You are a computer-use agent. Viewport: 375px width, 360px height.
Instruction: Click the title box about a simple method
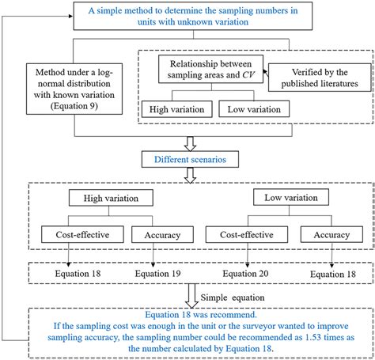point(193,16)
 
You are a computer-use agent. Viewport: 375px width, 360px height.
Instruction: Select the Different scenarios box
point(190,159)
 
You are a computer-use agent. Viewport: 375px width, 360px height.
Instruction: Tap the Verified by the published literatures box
point(320,78)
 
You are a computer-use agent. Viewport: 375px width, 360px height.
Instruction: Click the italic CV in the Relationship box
point(248,75)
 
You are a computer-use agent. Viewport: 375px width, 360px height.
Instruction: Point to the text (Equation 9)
point(74,106)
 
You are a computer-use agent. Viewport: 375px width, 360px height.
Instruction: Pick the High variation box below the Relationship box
point(177,109)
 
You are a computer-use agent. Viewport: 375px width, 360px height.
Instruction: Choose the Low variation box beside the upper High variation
point(254,109)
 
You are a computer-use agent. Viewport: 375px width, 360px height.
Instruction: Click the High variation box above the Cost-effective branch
point(111,198)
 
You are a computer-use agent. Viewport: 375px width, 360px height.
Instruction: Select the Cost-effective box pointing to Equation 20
point(247,234)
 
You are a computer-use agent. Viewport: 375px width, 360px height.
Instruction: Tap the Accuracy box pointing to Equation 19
point(162,234)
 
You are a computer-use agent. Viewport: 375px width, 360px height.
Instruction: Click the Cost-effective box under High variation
point(82,234)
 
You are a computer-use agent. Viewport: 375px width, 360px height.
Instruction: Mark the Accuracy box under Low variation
point(331,234)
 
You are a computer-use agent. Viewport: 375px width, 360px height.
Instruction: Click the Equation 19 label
point(157,274)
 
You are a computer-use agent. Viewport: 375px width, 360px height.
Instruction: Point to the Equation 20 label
point(245,274)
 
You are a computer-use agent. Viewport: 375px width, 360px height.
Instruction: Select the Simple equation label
point(233,297)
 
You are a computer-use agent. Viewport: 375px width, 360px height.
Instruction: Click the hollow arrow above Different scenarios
point(190,144)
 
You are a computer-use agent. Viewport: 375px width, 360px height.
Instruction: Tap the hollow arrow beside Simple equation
point(191,296)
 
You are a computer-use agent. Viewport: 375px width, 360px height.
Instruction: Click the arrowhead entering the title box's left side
point(70,16)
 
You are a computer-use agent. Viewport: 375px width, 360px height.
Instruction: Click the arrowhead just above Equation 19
point(153,265)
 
